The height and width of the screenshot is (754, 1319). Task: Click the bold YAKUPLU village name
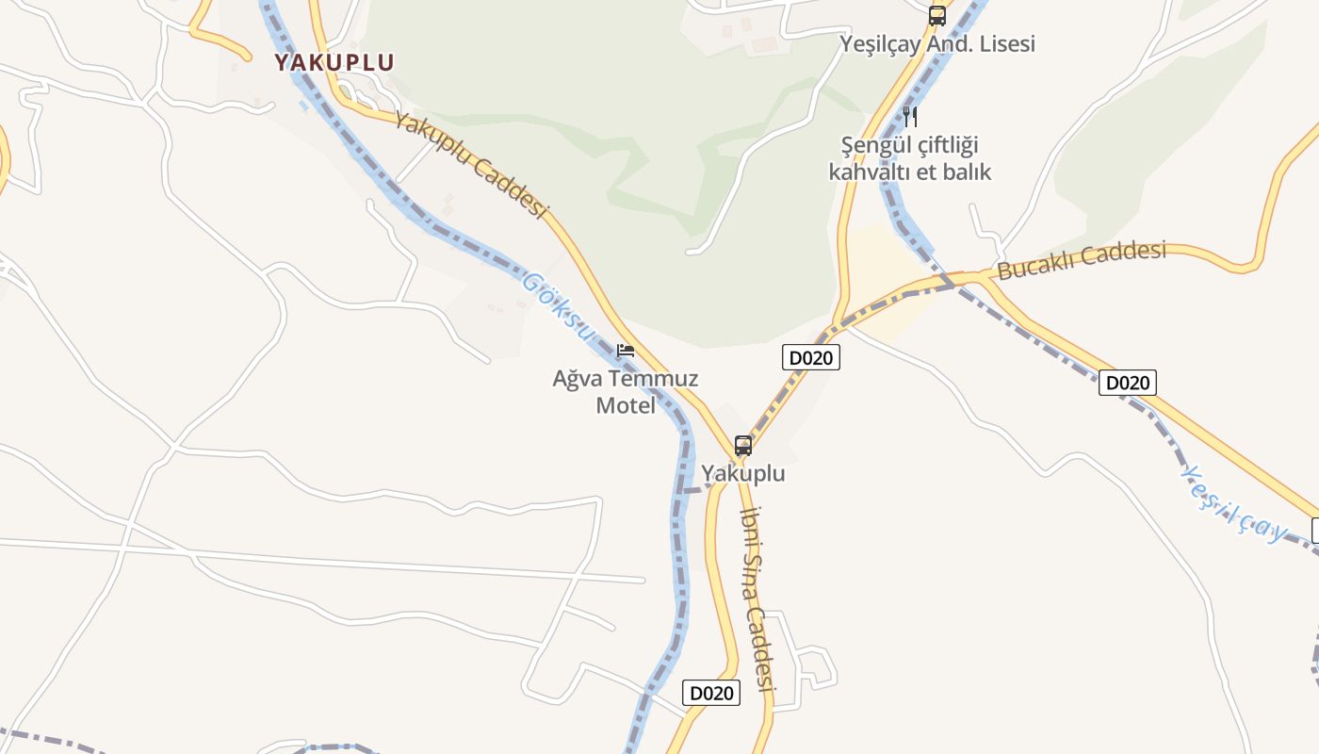point(334,62)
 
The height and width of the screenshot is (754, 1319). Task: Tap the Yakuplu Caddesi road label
point(471,165)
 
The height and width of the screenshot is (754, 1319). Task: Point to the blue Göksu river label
point(559,306)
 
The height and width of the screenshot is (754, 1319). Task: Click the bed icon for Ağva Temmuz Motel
point(626,351)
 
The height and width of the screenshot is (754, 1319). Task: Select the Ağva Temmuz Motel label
point(626,391)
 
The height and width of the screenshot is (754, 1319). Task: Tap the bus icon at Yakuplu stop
point(743,446)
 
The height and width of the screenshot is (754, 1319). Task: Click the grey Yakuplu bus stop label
point(743,473)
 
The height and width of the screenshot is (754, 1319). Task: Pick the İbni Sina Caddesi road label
point(758,598)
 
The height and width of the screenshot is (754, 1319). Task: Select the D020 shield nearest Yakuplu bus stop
point(810,358)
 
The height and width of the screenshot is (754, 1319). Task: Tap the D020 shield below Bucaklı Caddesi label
point(1127,383)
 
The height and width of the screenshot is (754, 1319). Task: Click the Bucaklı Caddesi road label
point(1082,260)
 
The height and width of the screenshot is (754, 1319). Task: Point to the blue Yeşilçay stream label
point(1234,504)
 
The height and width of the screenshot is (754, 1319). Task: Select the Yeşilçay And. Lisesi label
point(937,43)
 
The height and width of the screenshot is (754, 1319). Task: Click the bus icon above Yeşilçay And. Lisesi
point(936,15)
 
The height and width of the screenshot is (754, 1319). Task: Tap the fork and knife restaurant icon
point(910,117)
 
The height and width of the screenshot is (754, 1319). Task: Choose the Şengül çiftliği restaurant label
point(910,158)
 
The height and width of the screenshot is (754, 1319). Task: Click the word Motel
point(626,405)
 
